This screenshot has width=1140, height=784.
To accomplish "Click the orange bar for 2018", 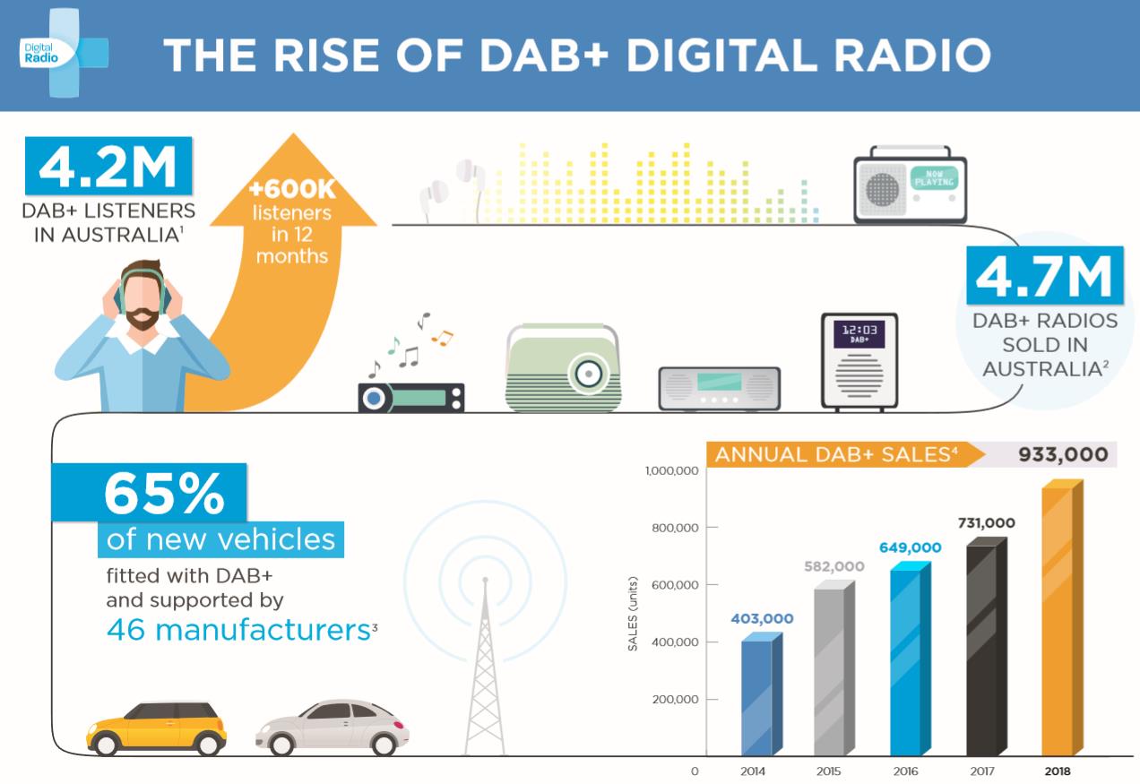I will click(1058, 623).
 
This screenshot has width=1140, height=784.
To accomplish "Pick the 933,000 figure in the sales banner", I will click(1062, 454).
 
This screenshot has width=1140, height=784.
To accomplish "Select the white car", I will click(332, 727).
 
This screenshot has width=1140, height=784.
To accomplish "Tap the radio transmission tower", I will click(485, 663).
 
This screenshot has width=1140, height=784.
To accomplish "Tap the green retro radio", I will click(563, 369).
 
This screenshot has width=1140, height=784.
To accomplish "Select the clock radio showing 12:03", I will click(859, 362).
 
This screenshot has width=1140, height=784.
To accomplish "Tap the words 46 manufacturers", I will click(237, 629).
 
